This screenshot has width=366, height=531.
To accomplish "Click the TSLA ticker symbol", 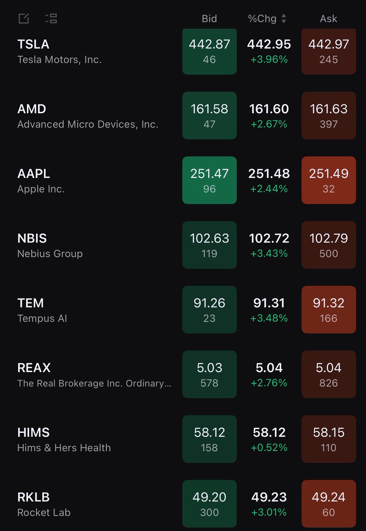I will (x=33, y=44).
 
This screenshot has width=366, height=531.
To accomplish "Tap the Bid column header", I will (x=209, y=19).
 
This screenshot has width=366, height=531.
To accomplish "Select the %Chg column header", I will (x=262, y=19).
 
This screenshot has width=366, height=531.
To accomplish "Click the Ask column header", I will (x=328, y=19).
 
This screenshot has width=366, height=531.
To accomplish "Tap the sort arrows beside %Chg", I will (x=284, y=19).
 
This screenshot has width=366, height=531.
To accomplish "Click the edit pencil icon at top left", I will (x=23, y=19).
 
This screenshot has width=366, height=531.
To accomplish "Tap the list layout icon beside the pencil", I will (x=51, y=19).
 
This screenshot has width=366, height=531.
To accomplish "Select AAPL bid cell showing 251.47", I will (x=209, y=180).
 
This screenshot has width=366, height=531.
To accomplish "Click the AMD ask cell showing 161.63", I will (x=328, y=115).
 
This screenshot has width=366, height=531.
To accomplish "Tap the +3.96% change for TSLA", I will (x=269, y=59).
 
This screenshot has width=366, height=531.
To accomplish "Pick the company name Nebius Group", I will (x=50, y=254).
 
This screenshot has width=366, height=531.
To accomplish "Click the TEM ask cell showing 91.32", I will (x=328, y=309).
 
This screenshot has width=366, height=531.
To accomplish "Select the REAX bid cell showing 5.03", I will (x=209, y=374).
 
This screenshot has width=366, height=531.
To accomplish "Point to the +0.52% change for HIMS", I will (x=269, y=447).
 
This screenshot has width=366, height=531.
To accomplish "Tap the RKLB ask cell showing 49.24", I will (x=328, y=503).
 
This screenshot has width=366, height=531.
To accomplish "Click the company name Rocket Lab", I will (x=44, y=512).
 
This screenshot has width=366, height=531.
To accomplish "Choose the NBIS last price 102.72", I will (x=269, y=239).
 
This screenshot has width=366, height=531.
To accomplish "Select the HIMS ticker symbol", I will (x=33, y=432).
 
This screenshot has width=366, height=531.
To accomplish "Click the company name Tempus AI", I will (x=42, y=318).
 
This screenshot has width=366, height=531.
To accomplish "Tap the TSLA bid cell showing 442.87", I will (x=209, y=51).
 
